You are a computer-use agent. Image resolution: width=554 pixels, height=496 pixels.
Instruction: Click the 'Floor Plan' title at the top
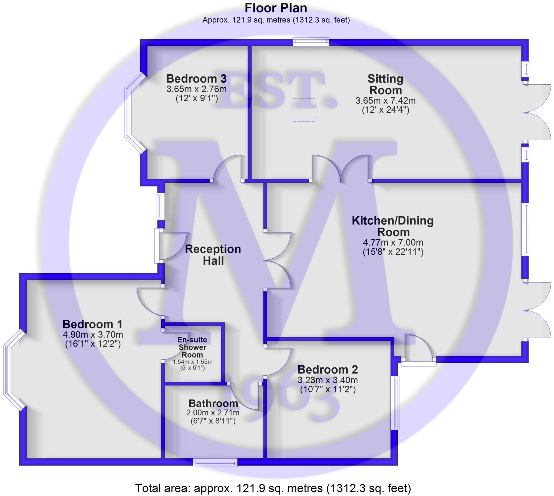(x=275, y=8)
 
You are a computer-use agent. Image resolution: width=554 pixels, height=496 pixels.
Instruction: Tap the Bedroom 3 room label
(x=196, y=79)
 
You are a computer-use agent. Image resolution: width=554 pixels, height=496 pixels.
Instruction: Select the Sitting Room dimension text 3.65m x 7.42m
(x=385, y=101)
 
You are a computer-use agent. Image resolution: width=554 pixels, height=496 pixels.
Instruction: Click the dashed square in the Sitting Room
(x=303, y=110)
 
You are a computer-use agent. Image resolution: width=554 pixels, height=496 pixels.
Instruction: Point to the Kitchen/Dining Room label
(x=393, y=226)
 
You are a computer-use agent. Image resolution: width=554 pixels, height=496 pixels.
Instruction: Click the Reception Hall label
(x=213, y=255)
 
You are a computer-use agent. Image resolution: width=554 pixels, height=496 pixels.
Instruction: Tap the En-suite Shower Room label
(x=192, y=347)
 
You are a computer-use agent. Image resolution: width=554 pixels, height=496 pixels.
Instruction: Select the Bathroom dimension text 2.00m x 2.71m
(x=213, y=412)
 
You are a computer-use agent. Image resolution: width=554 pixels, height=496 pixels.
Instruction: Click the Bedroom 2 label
(x=327, y=370)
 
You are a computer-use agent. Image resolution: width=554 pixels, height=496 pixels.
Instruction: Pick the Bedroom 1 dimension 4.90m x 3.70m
(x=93, y=334)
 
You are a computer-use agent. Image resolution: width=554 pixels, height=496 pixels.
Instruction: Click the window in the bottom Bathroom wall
(x=215, y=462)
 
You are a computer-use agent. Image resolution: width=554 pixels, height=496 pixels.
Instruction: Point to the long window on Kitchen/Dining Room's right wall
(x=526, y=229)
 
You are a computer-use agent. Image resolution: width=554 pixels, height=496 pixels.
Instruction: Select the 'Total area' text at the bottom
(x=273, y=488)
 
